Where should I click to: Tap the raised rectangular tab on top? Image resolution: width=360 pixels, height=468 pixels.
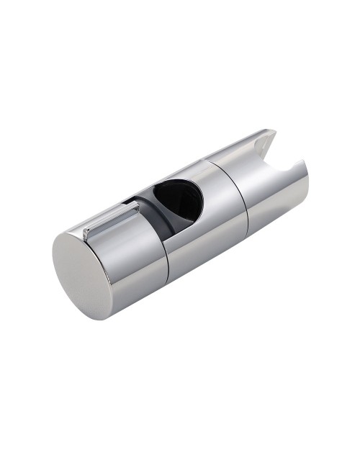pyautogui.click(x=112, y=220)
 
